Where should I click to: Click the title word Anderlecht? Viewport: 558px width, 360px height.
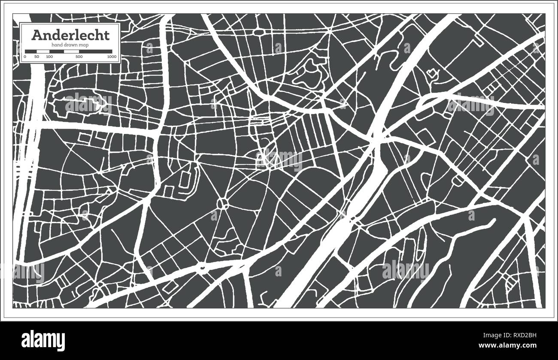(70, 35)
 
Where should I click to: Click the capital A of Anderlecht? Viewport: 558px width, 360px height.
(36, 35)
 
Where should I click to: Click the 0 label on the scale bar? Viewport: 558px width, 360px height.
(25, 57)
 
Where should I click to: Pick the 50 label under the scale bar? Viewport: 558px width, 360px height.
(37, 57)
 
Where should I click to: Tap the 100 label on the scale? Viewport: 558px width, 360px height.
(49, 57)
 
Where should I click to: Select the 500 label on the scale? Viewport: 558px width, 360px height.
(79, 57)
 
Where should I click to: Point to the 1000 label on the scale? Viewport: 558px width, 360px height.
(112, 57)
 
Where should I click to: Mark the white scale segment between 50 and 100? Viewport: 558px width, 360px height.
(43, 51)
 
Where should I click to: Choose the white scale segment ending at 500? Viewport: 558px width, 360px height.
(71, 51)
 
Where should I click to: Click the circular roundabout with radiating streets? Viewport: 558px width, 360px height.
(223, 203)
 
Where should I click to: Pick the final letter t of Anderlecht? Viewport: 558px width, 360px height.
(107, 35)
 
